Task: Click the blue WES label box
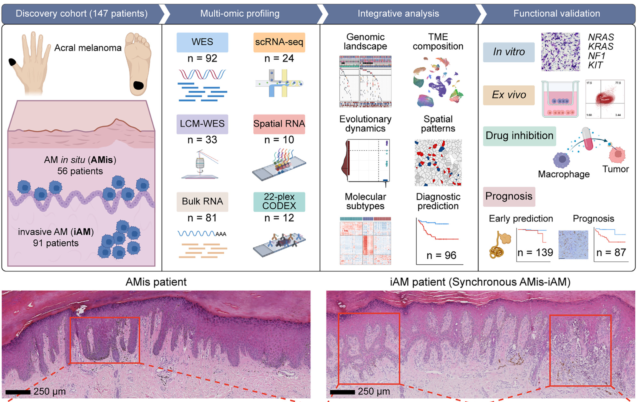coord(202,42)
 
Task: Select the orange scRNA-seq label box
coord(279,42)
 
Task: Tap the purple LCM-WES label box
coord(202,124)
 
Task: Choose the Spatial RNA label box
coord(279,124)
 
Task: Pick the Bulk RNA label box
coord(202,201)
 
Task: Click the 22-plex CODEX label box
coord(279,201)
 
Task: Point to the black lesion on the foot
coord(138,85)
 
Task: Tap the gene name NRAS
coord(601,37)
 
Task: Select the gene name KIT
coord(595,65)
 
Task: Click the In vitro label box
coord(509,52)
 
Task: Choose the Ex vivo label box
coord(509,95)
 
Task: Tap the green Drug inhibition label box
coord(519,136)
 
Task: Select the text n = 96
coord(441,255)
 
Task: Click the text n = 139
coord(535,252)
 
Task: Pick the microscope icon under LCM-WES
coord(200,165)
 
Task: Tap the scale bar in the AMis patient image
coord(18,392)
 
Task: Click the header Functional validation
coord(556,14)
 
